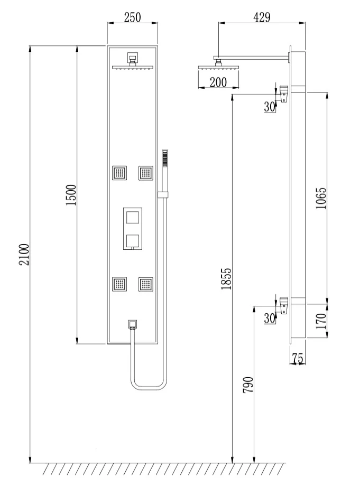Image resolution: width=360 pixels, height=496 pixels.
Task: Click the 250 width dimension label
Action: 132,17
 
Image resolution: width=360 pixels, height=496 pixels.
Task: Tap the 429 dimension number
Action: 262,17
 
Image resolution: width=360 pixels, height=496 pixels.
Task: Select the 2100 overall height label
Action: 24,255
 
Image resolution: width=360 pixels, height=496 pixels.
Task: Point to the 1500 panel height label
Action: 71,195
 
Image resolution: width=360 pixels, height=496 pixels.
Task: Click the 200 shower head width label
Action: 218,82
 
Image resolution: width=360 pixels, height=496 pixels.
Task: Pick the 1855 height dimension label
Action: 226,279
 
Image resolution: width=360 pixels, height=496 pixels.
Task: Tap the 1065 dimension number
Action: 321,198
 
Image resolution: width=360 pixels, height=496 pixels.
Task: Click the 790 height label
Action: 248,385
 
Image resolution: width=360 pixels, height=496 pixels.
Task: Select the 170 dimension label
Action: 321,321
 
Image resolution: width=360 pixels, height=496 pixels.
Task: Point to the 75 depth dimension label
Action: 298,358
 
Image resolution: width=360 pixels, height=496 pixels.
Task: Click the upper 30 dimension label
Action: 270,107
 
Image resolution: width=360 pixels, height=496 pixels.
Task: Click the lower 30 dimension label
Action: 270,318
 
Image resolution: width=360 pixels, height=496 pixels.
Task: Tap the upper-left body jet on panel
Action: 119,173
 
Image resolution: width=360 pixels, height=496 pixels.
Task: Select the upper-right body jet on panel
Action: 146,173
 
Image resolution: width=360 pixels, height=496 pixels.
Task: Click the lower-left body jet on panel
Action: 119,284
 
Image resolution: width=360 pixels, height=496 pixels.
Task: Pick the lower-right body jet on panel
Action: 146,284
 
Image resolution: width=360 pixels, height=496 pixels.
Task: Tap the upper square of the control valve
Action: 132,218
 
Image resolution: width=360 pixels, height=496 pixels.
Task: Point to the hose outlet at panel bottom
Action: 133,325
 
